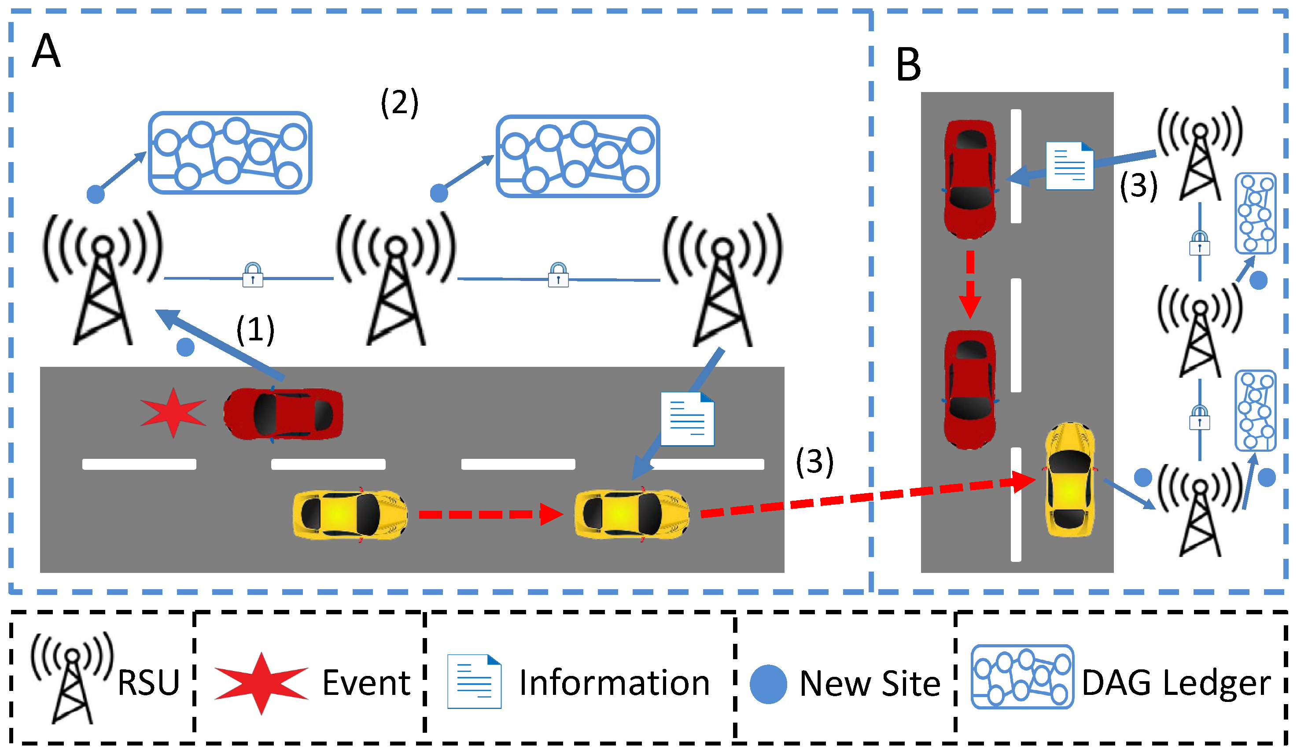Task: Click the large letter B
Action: (908, 65)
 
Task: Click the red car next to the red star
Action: (283, 414)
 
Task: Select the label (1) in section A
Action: (255, 329)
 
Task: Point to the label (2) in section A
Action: (399, 103)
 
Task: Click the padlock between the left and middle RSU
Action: (253, 275)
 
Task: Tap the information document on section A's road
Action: (687, 419)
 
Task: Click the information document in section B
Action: (1069, 166)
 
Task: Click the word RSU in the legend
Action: (149, 683)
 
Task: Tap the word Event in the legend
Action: (366, 683)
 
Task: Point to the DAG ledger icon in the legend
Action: (1022, 676)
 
